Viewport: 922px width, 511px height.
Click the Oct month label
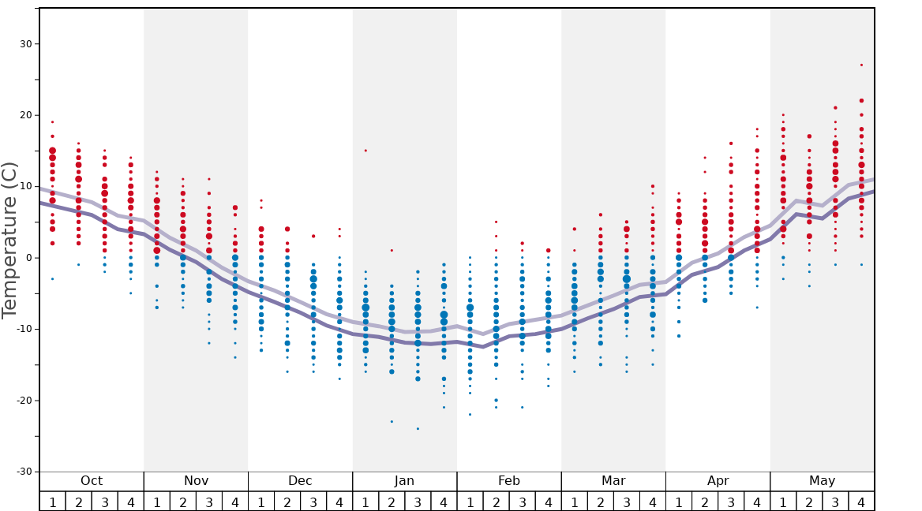92,481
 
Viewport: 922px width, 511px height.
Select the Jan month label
404,481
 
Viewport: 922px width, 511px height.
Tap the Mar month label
613,481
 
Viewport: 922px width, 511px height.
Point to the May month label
822,481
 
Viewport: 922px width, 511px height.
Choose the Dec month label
300,481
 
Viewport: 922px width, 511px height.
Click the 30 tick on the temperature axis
24,44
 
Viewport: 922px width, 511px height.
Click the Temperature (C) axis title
9,241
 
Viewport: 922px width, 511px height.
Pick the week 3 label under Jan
418,502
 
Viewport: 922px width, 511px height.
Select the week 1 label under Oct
52,502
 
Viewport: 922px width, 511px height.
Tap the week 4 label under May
861,502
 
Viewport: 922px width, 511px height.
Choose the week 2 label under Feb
496,502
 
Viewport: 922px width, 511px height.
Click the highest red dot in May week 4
861,65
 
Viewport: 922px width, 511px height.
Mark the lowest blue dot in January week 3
418,429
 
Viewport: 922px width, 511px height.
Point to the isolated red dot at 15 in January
365,151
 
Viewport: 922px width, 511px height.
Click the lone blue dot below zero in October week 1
52,279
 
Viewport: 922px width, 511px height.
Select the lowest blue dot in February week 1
470,415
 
